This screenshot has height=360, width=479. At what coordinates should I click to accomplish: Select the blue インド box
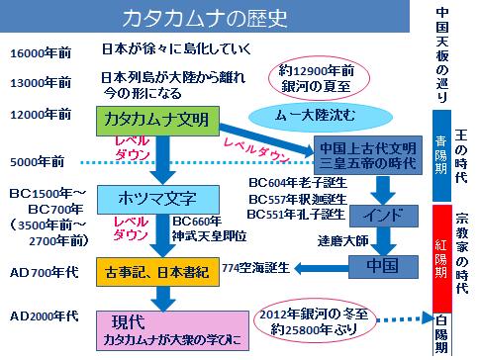[380, 214]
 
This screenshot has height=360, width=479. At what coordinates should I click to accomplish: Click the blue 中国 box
[380, 267]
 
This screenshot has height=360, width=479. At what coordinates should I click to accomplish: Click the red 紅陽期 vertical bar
[441, 257]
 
